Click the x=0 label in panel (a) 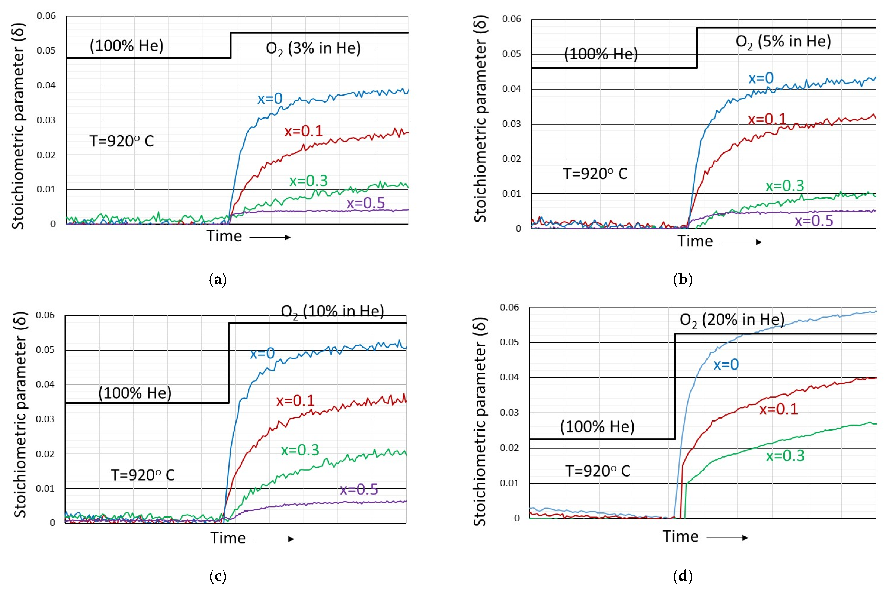tap(270, 99)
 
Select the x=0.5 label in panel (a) tap(366, 203)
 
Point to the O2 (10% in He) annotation tap(332, 312)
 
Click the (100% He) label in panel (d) tap(597, 427)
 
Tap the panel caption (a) tap(218, 280)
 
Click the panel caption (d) tap(682, 576)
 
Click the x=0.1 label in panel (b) tap(767, 119)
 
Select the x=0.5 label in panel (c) tap(359, 490)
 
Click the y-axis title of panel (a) tap(18, 126)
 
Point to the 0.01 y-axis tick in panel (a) tap(46, 189)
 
